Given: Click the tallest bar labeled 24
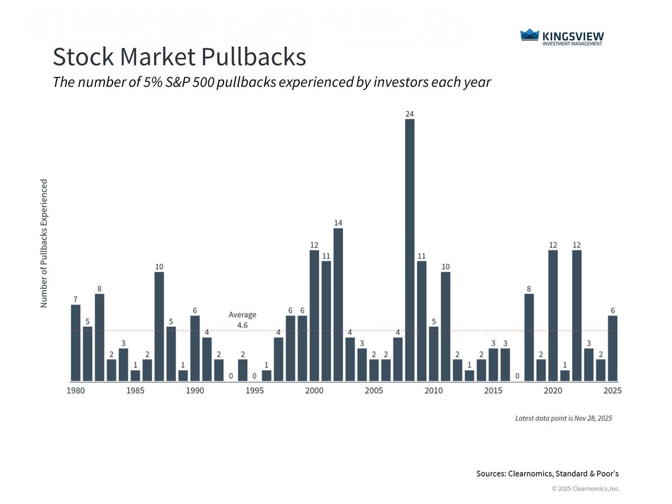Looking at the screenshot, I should pos(409,250).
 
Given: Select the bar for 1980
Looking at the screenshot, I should pos(76,343).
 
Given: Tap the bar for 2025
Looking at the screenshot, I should pos(613,348).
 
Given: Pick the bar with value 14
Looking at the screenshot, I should pos(338,305).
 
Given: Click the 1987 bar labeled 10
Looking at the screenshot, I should pos(159,326).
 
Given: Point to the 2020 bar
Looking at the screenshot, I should pos(553,316).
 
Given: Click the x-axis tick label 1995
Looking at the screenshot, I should pos(255,390).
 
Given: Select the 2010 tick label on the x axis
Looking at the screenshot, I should pos(433,390).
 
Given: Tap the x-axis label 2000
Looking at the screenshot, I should pos(314,390).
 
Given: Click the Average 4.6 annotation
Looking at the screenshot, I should pos(242,320).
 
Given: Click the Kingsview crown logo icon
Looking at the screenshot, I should pos(529,35).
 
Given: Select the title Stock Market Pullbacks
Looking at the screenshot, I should pos(179,57).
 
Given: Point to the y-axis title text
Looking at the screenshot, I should pos(44,243).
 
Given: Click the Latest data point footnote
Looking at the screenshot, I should pos(563,418).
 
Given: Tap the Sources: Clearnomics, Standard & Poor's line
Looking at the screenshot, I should pos(547,474).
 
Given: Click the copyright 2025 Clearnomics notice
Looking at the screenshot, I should pos(586,489).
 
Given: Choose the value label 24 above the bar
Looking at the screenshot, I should pos(409,114).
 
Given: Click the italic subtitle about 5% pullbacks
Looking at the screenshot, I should pos(272,82).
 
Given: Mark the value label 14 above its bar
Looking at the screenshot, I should pos(338,223).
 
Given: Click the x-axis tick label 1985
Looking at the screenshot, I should pos(136,390).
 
